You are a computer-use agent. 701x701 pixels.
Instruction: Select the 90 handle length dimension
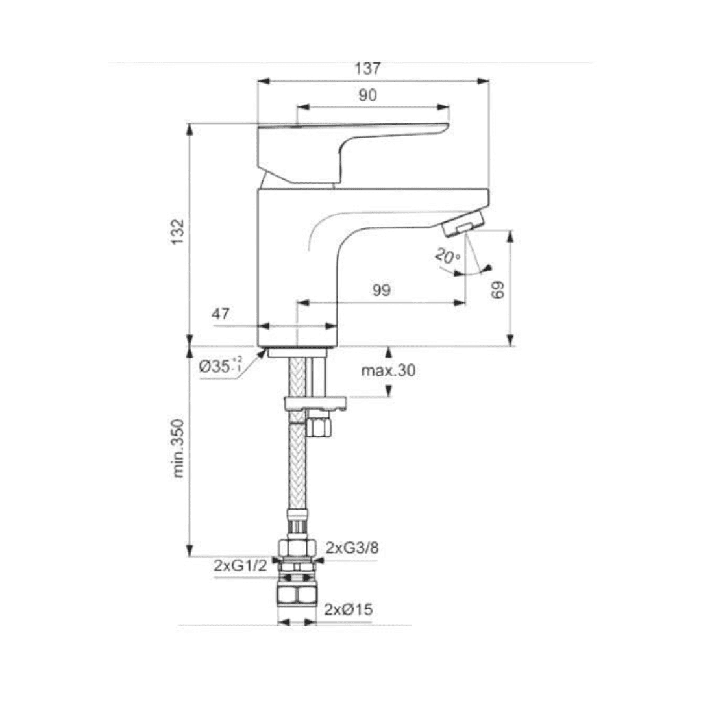[x=367, y=95]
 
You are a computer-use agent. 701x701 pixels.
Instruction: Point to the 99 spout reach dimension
[x=382, y=290]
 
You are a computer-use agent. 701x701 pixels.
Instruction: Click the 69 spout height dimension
[x=498, y=289]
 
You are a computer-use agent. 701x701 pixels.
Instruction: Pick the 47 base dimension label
[x=221, y=314]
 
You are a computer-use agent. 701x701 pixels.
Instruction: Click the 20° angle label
[x=448, y=256]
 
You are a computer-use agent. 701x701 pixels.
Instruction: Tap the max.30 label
[x=388, y=371]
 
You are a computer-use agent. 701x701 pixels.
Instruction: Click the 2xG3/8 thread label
[x=352, y=548]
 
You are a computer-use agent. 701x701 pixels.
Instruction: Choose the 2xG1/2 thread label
[x=240, y=566]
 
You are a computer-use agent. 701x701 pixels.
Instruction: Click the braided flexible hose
[x=297, y=467]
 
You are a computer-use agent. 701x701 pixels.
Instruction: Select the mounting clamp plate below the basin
[x=315, y=404]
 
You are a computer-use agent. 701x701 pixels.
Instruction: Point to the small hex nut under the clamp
[x=319, y=426]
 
